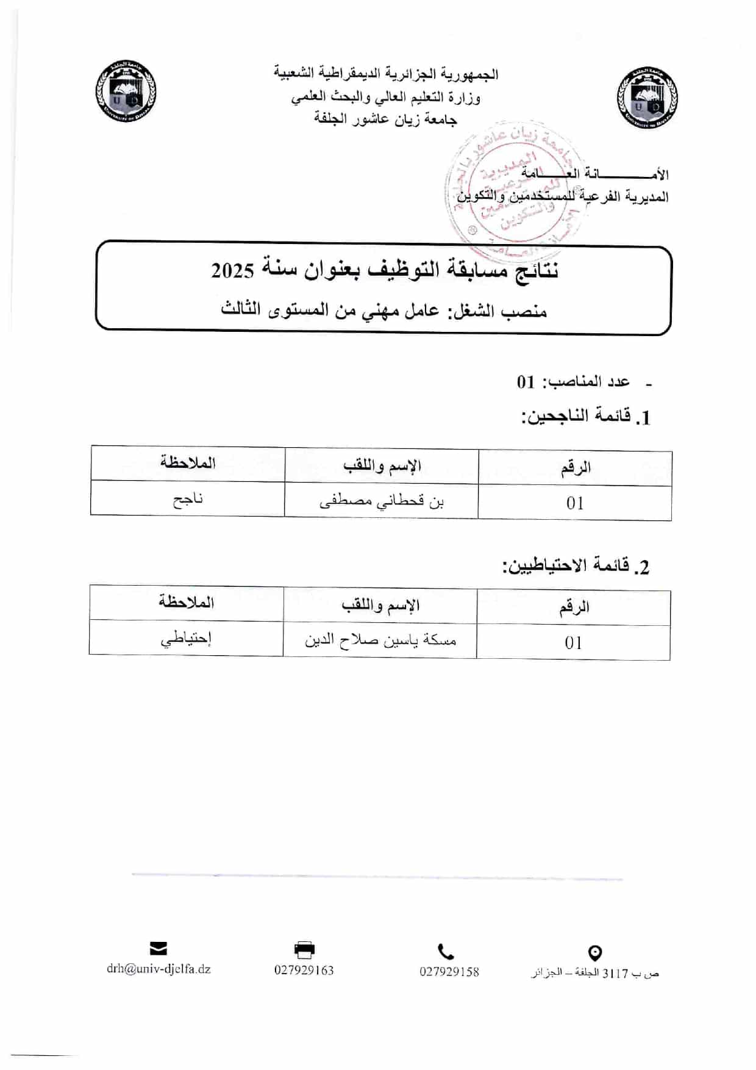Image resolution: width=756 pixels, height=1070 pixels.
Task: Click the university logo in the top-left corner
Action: (x=126, y=91)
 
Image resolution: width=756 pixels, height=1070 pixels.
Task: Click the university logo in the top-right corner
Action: (x=647, y=98)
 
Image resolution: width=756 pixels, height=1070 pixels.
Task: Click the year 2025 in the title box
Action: (x=233, y=270)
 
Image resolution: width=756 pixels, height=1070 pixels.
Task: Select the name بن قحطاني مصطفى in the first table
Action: (x=382, y=501)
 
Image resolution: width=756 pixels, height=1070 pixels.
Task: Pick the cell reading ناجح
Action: (x=188, y=500)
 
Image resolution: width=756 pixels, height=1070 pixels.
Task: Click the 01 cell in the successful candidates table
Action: (x=575, y=503)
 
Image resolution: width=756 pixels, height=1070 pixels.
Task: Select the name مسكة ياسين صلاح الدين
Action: (x=380, y=641)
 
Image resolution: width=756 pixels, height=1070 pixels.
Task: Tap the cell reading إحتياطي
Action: (x=186, y=639)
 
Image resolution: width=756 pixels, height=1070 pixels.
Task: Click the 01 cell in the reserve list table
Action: (x=573, y=642)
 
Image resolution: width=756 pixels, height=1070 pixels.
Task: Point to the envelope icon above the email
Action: (x=158, y=948)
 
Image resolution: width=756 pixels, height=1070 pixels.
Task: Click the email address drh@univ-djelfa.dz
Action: (x=159, y=969)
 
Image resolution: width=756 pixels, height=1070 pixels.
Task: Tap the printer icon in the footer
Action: (x=304, y=950)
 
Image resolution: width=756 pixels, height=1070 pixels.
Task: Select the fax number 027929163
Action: (x=304, y=970)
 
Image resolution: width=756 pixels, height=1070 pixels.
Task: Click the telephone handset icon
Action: (x=446, y=952)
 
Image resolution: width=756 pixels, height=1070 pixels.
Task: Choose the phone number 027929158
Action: (x=449, y=972)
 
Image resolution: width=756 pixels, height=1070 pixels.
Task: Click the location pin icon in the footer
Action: (x=594, y=953)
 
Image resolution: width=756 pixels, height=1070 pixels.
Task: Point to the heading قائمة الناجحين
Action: (x=585, y=417)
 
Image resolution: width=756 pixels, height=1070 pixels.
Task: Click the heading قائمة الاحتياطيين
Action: (x=576, y=566)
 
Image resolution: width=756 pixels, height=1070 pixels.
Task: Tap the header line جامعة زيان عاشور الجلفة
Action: (x=385, y=119)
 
